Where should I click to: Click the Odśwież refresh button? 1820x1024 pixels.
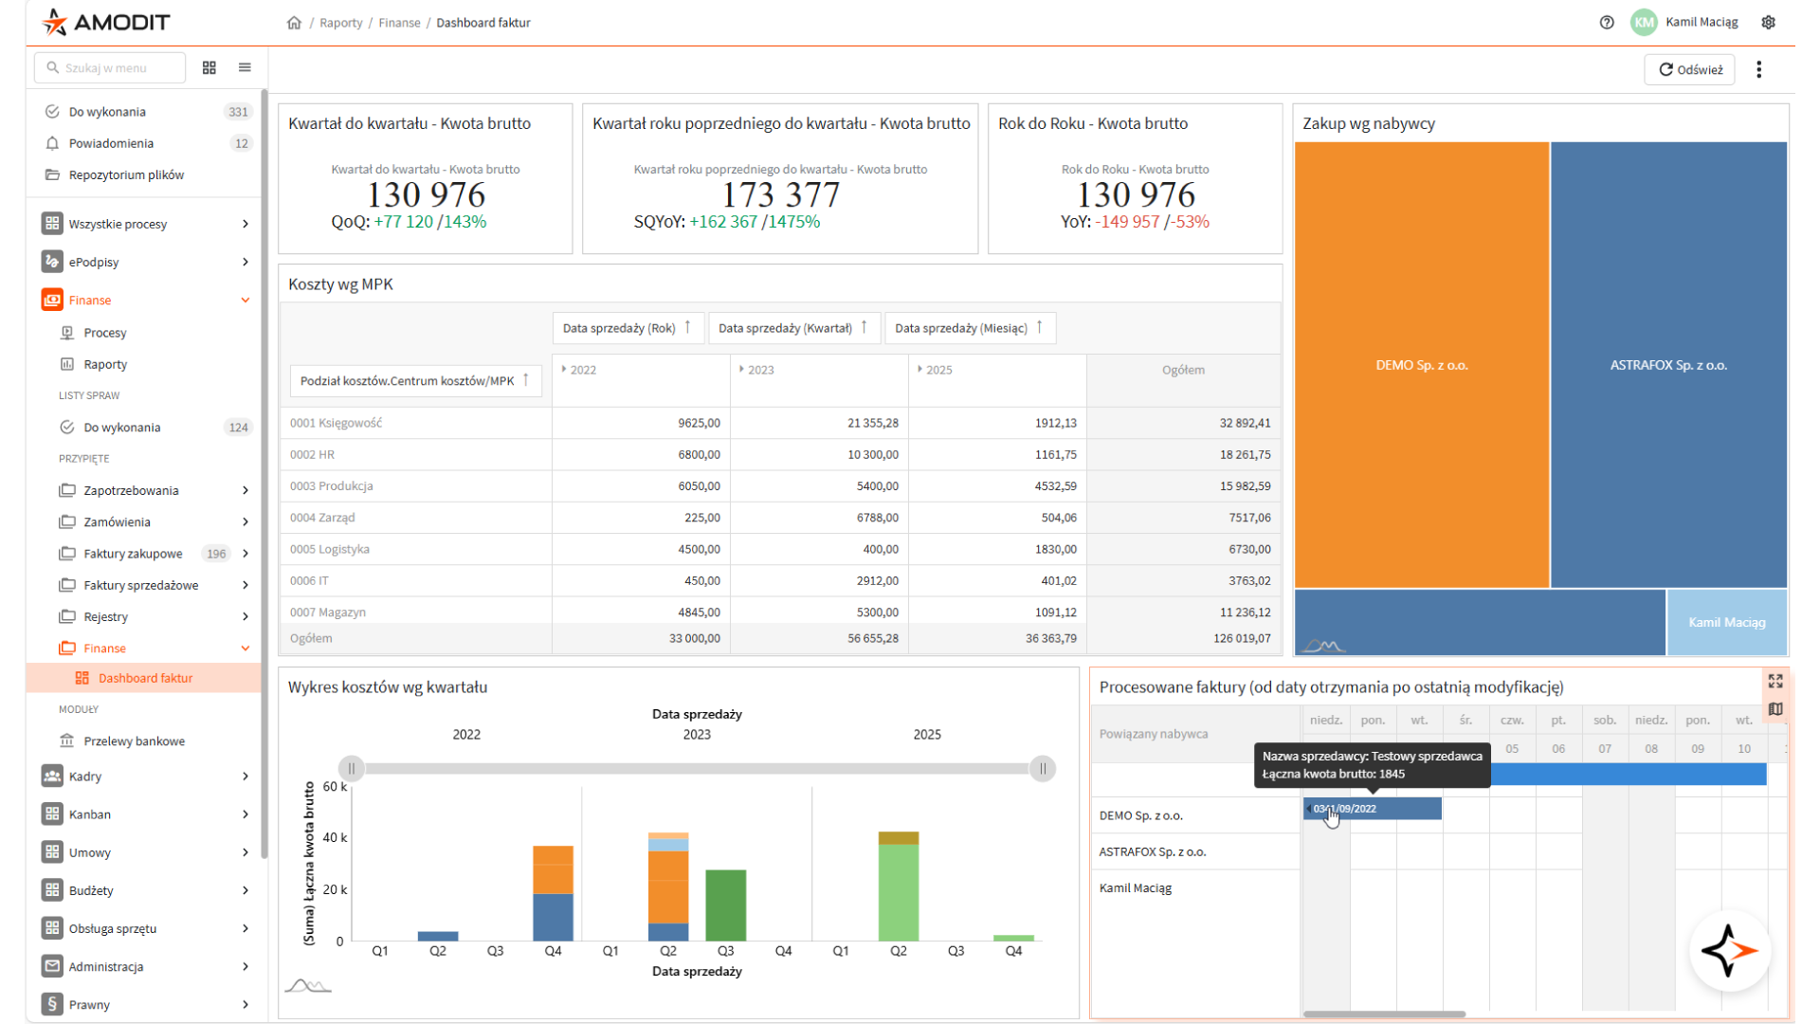[x=1689, y=69]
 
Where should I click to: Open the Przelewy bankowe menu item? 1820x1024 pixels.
[x=134, y=741]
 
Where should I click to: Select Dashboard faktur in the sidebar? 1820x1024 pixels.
[x=145, y=678]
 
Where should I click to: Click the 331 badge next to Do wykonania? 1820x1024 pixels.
[x=238, y=112]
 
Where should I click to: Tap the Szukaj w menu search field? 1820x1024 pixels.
[x=110, y=68]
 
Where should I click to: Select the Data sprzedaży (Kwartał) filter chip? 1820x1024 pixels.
[x=794, y=328]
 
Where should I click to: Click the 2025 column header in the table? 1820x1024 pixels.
[x=938, y=370]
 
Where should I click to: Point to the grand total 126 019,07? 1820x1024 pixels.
[x=1242, y=638]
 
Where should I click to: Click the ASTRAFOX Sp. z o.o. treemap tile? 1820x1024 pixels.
[x=1668, y=365]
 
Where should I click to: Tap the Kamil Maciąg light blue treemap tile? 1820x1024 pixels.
[x=1727, y=622]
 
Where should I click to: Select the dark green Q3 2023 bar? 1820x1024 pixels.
[x=726, y=905]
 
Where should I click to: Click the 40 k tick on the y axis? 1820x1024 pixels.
[x=335, y=837]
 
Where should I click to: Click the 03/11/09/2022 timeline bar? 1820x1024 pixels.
[x=1373, y=809]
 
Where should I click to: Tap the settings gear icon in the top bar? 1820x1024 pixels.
[x=1768, y=23]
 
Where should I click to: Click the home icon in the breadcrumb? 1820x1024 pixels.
[x=294, y=23]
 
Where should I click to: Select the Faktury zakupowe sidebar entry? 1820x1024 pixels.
[x=133, y=554]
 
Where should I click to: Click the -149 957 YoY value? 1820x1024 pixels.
[x=1127, y=222]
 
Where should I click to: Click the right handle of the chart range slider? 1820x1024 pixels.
[x=1043, y=769]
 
